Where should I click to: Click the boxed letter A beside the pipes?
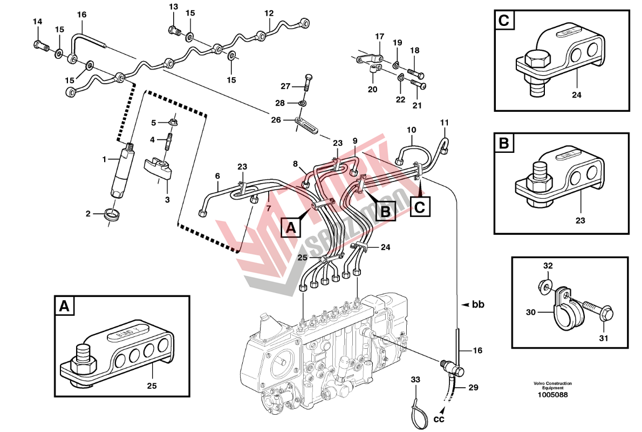[291, 227]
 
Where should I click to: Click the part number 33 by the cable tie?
[415, 380]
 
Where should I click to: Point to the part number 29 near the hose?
[473, 387]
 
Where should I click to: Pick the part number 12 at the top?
[269, 13]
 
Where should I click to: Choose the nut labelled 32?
[545, 285]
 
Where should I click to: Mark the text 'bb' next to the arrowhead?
[478, 305]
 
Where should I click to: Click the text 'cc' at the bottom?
[439, 418]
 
